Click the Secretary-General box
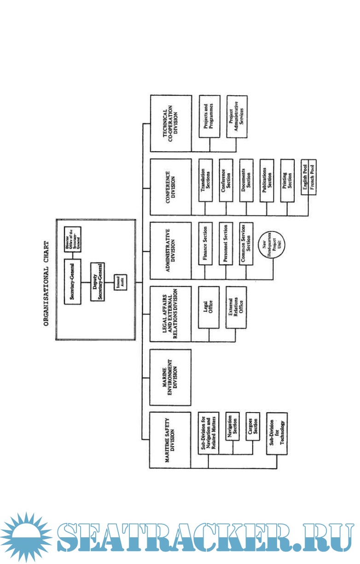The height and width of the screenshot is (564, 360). tap(72, 281)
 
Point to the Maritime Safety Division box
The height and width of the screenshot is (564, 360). tap(170, 439)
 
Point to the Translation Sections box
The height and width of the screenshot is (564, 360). tap(205, 180)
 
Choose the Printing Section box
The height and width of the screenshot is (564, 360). tap(286, 180)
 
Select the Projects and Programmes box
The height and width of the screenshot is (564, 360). tap(209, 116)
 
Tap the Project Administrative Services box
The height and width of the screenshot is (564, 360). tap(237, 116)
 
